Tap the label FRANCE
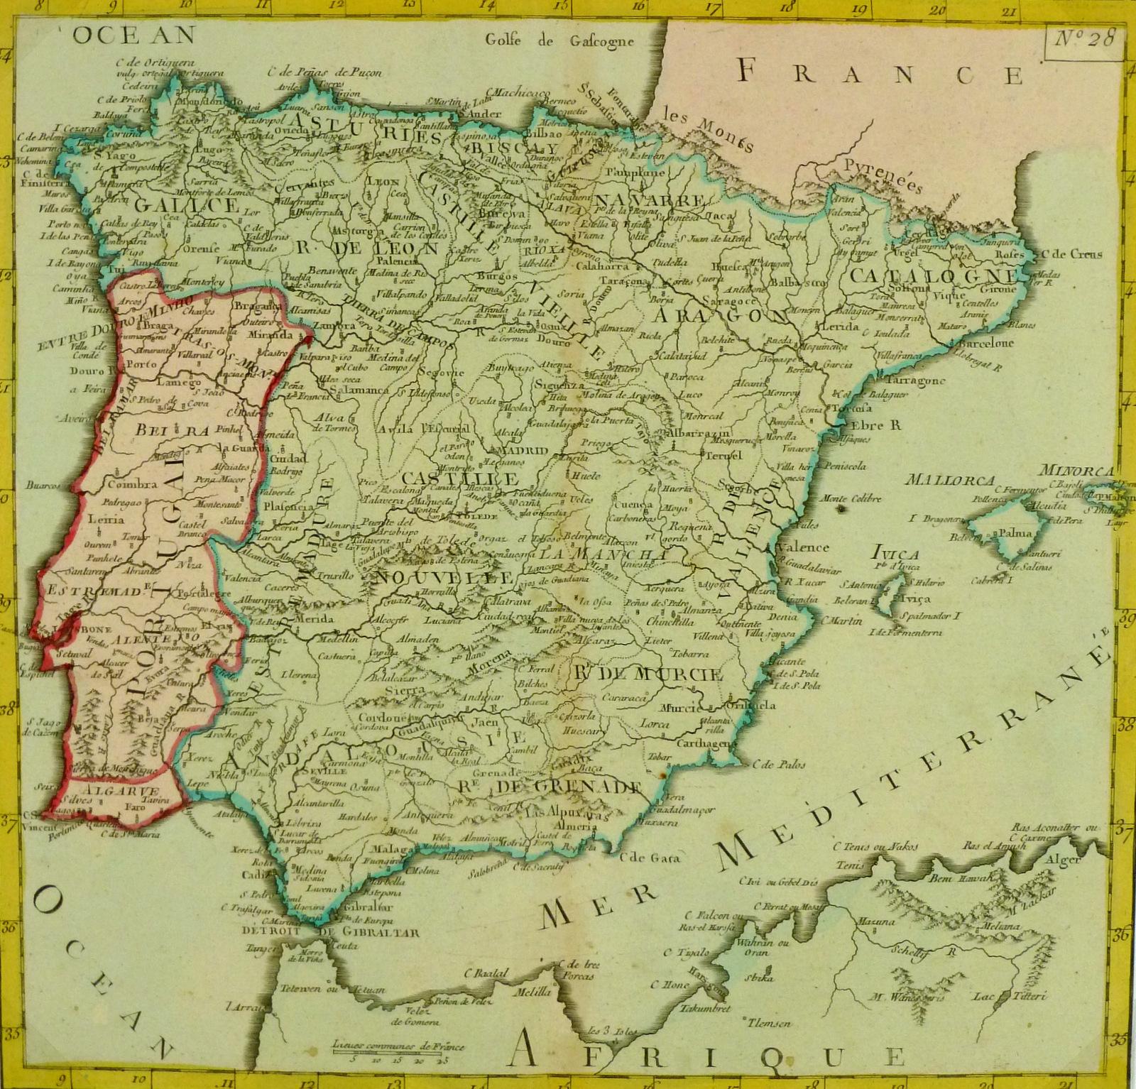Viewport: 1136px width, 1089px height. click(x=880, y=73)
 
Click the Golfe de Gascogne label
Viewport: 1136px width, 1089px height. click(x=559, y=40)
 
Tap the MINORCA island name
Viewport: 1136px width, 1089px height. click(x=1076, y=470)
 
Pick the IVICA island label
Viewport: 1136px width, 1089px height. click(x=897, y=554)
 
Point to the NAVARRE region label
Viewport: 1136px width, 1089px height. click(x=650, y=198)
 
